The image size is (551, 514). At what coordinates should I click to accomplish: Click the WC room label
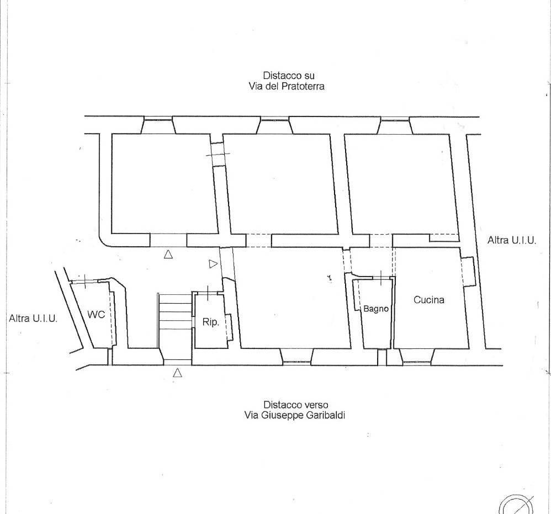[x=96, y=315]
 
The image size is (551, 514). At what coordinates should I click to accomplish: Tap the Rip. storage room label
[x=210, y=322]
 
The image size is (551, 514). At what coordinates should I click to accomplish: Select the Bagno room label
[x=375, y=309]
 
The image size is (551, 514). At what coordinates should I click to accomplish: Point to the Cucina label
[x=429, y=300]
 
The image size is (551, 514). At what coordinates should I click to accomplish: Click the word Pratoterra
[x=303, y=87]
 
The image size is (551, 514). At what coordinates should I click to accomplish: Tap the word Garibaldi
[x=326, y=415]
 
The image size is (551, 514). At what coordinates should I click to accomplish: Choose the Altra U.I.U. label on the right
[x=512, y=240]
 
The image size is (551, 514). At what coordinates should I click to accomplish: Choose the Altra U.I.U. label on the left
[x=33, y=319]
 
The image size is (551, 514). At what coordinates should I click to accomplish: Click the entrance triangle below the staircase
[x=177, y=373]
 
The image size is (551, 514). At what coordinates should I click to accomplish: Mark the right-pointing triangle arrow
[x=213, y=264]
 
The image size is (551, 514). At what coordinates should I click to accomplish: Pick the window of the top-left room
[x=158, y=120]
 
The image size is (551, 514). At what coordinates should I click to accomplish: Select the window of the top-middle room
[x=274, y=120]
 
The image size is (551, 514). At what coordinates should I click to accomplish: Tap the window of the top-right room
[x=395, y=120]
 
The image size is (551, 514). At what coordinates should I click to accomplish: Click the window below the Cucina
[x=417, y=362]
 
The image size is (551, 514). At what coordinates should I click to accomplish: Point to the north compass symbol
[x=516, y=505]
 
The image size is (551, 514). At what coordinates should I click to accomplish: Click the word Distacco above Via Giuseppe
[x=278, y=405]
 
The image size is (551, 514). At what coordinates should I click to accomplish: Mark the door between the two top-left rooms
[x=218, y=154]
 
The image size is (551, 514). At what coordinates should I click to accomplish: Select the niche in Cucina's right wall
[x=468, y=271]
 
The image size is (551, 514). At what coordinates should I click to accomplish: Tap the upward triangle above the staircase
[x=168, y=254]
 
